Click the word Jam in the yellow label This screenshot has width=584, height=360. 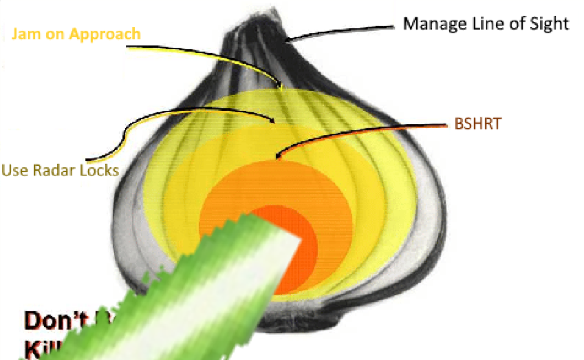tap(25, 34)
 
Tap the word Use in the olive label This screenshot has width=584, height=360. tap(14, 169)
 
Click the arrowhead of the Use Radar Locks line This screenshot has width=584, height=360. tap(274, 122)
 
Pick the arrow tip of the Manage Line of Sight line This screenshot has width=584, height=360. tap(290, 40)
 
